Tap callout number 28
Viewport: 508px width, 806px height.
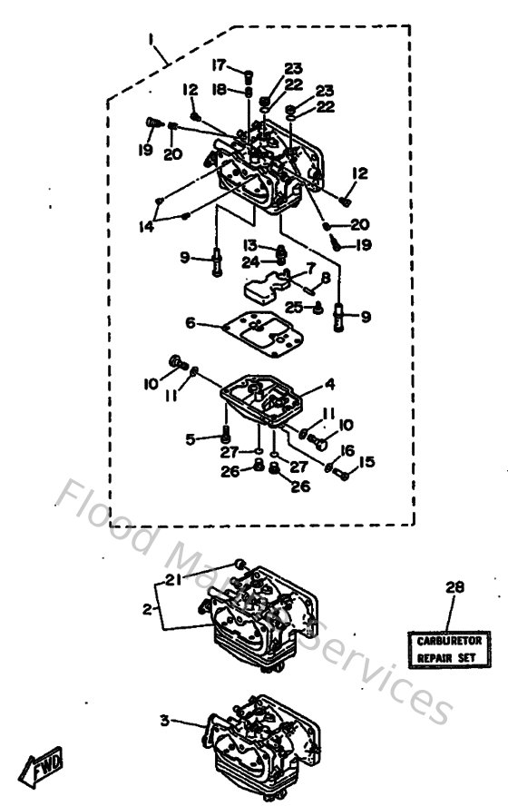454,588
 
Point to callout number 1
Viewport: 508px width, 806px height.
153,41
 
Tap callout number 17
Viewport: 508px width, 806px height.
219,65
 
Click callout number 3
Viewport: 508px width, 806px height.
165,721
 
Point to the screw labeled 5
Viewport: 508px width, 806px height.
225,440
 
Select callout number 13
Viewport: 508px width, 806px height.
250,245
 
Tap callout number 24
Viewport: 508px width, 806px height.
249,262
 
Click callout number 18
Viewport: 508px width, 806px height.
219,89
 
